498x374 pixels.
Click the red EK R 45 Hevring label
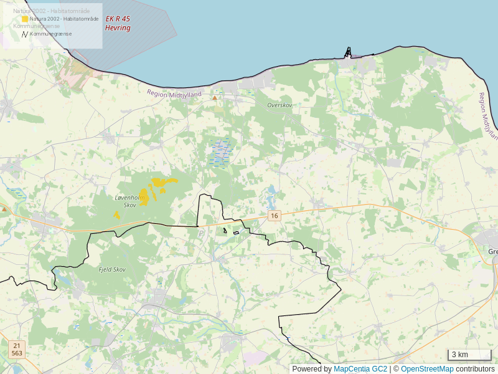click(118, 24)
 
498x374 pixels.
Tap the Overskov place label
click(280, 105)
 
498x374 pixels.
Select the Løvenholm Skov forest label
click(130, 201)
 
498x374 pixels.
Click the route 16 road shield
click(275, 216)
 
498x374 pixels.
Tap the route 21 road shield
click(17, 345)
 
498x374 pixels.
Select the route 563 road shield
click(17, 353)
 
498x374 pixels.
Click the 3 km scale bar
click(469, 355)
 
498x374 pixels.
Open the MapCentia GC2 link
click(360, 369)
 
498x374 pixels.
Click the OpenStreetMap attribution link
click(427, 369)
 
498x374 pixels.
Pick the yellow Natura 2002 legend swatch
click(25, 19)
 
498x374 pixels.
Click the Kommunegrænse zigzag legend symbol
click(25, 34)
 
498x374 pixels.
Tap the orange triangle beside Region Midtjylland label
click(215, 98)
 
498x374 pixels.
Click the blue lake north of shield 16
click(271, 198)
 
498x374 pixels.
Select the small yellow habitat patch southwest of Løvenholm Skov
click(116, 215)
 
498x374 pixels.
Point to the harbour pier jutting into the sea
click(349, 52)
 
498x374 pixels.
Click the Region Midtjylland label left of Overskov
click(175, 93)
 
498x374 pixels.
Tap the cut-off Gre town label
click(493, 252)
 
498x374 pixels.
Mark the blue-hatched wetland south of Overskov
click(221, 153)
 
